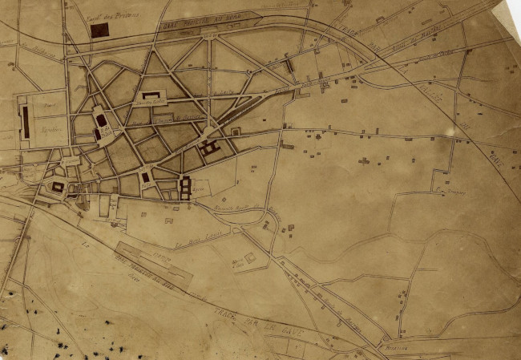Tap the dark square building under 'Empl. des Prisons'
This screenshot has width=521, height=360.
pyautogui.click(x=99, y=30)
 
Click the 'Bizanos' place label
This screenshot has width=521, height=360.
pyautogui.click(x=392, y=350)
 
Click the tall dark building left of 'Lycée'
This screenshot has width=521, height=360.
pyautogui.click(x=184, y=188)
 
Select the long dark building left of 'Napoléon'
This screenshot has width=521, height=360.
pyautogui.click(x=25, y=122)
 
